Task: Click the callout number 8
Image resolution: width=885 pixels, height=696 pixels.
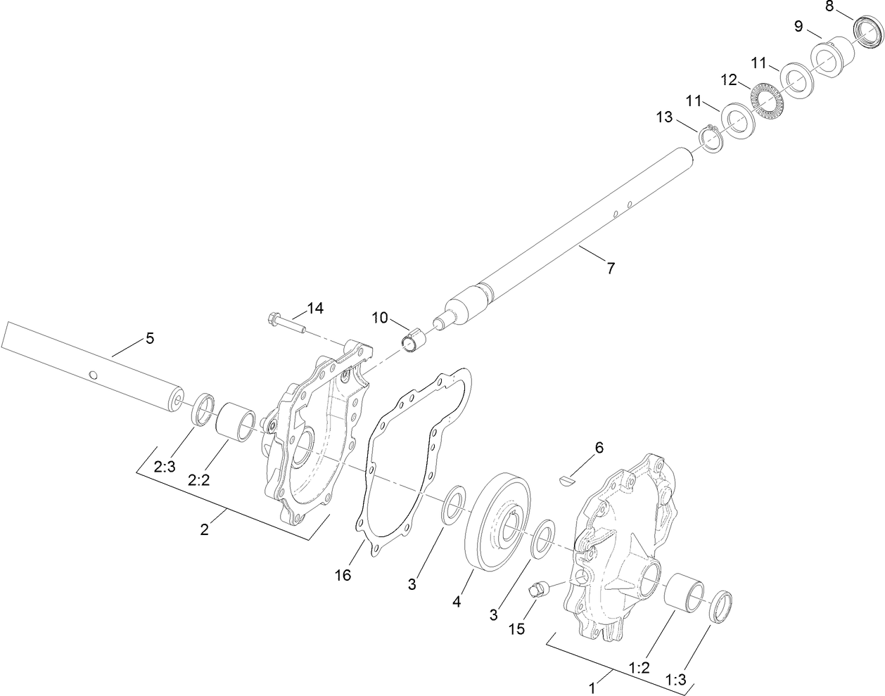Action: [x=829, y=7]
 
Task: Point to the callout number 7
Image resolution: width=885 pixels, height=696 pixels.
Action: [x=610, y=267]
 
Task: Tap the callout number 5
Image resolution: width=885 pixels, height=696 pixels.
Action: [x=149, y=338]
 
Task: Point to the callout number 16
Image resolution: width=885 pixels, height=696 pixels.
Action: [x=343, y=575]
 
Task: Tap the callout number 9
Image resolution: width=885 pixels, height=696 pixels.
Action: [x=798, y=26]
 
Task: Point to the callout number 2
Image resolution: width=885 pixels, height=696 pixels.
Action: [x=204, y=529]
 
